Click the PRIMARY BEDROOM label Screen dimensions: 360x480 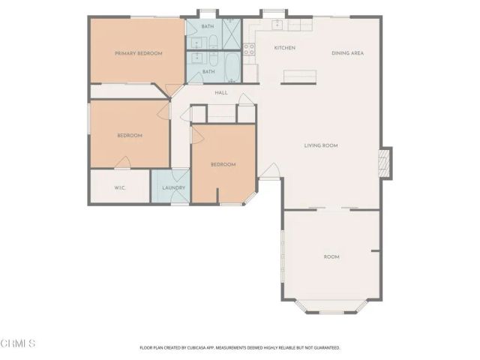click(139, 53)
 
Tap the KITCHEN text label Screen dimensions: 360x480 click(284, 48)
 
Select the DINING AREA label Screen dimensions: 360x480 click(348, 53)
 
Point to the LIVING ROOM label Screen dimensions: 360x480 click(319, 145)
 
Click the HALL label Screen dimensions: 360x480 click(221, 93)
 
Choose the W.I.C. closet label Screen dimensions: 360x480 click(119, 187)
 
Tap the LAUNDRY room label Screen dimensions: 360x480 click(173, 187)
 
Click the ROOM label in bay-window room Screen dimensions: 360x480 click(331, 256)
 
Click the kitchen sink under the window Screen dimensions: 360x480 click(278, 25)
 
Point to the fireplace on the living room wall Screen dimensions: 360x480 click(385, 163)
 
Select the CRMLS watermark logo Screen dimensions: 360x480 click(18, 343)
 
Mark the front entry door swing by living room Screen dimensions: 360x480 click(270, 171)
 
